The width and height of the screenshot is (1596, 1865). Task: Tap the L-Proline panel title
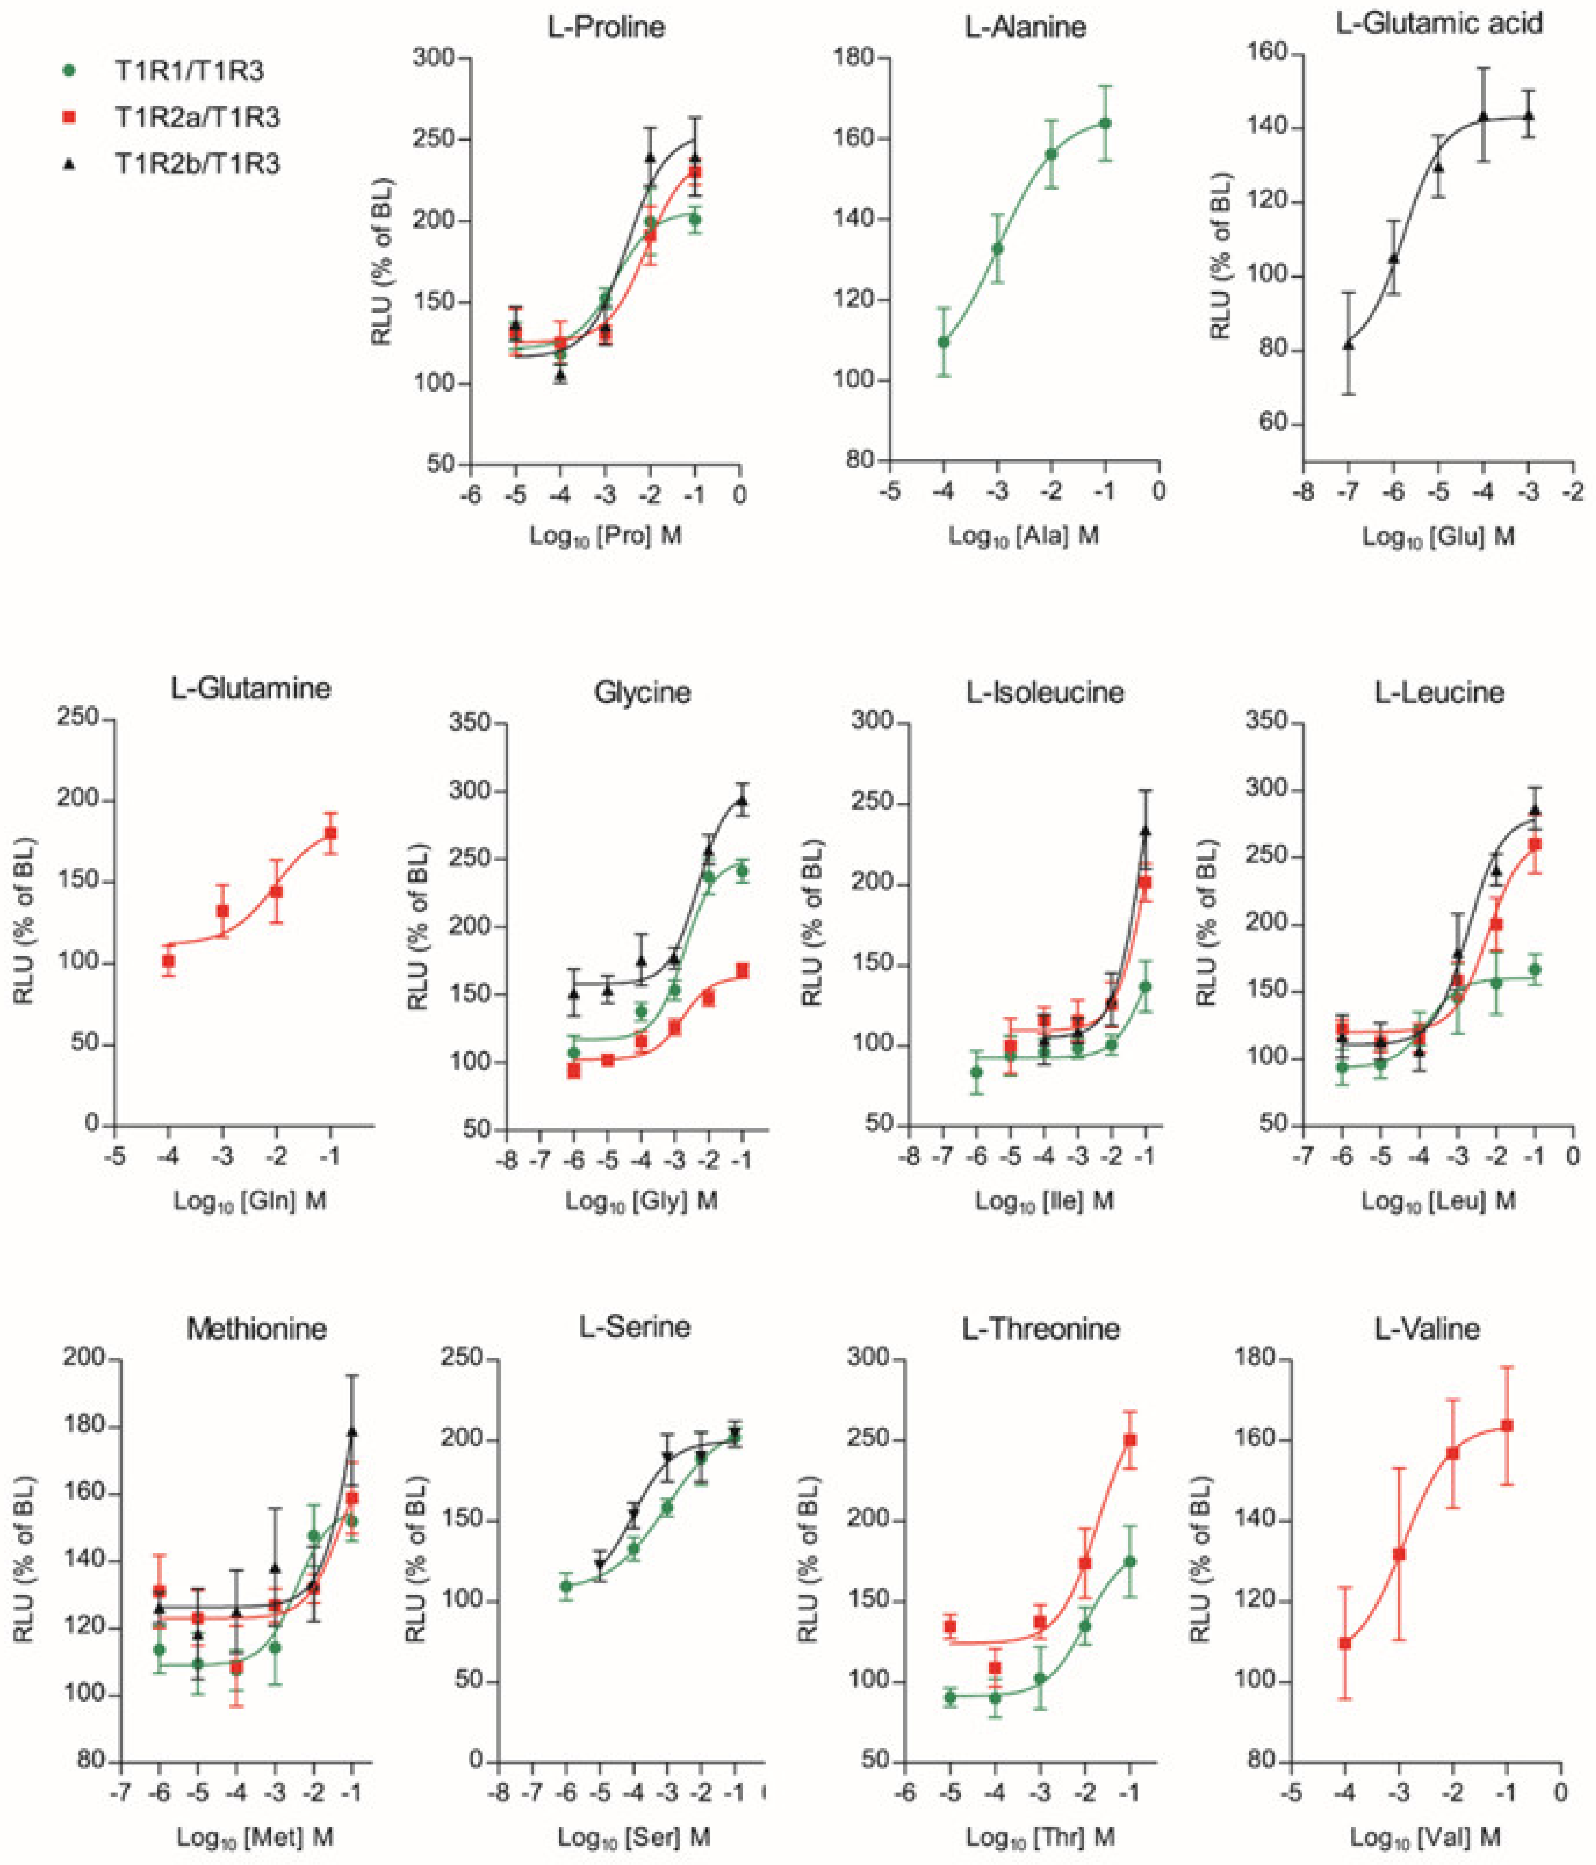coord(606,27)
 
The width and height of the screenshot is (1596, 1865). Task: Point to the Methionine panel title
coord(256,1329)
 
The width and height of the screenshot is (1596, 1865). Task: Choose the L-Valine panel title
coord(1427,1329)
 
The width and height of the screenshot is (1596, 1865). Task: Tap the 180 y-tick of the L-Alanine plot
coord(855,58)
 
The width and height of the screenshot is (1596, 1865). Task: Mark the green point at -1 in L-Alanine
coord(1106,123)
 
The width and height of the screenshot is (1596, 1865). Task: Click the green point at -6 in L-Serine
coord(566,1586)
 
